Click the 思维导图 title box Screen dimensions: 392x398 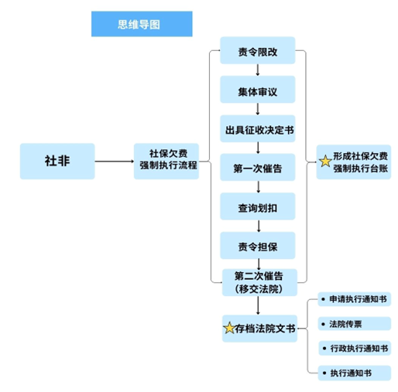(x=141, y=25)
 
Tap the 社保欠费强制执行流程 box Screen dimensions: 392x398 (x=167, y=161)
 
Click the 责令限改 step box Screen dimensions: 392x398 (x=258, y=53)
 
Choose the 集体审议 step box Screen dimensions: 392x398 (x=258, y=92)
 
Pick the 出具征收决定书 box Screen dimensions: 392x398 (x=258, y=130)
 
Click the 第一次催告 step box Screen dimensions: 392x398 (x=258, y=168)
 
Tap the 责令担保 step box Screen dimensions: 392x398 (x=258, y=246)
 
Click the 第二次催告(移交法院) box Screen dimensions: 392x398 (x=258, y=281)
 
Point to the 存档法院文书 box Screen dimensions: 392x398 (x=259, y=328)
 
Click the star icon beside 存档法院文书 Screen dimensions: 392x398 (x=229, y=328)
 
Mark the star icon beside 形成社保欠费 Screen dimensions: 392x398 (x=325, y=162)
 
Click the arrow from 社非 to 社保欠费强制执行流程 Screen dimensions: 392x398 (x=114, y=162)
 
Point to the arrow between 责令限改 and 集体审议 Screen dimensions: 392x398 (x=258, y=72)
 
